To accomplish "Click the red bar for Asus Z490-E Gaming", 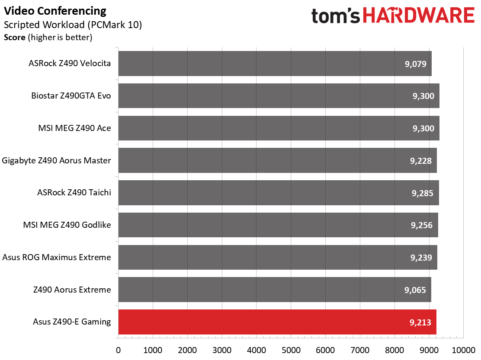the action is [x=277, y=322].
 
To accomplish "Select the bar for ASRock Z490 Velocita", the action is [x=275, y=64].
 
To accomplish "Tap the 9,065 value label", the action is [x=415, y=290].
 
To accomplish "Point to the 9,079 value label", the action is [x=416, y=64].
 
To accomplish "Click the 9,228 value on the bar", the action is [x=421, y=160].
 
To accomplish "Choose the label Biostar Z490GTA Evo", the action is [x=71, y=96].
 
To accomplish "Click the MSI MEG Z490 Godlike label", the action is [x=67, y=225].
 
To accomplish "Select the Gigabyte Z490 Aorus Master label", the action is [x=56, y=160].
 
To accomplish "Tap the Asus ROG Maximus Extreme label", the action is [x=57, y=257].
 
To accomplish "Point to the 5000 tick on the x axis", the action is [x=291, y=350].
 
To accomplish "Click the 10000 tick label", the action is [x=464, y=350].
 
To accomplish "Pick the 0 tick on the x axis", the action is [x=119, y=350].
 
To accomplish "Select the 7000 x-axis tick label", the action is [x=360, y=350].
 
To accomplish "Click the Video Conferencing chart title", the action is [x=55, y=11].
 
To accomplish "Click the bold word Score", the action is [x=15, y=37].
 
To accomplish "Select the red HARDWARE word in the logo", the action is [x=419, y=16].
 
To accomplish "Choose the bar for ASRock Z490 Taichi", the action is [x=279, y=193].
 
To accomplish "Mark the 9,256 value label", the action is [x=422, y=225].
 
